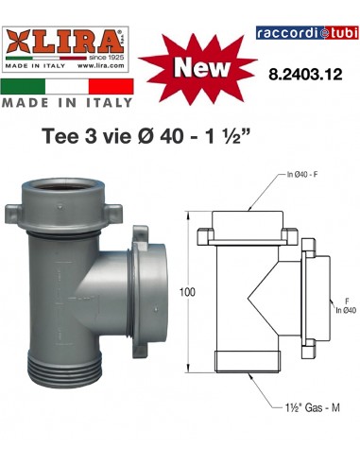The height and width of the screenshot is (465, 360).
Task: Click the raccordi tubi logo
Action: [x=303, y=34]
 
